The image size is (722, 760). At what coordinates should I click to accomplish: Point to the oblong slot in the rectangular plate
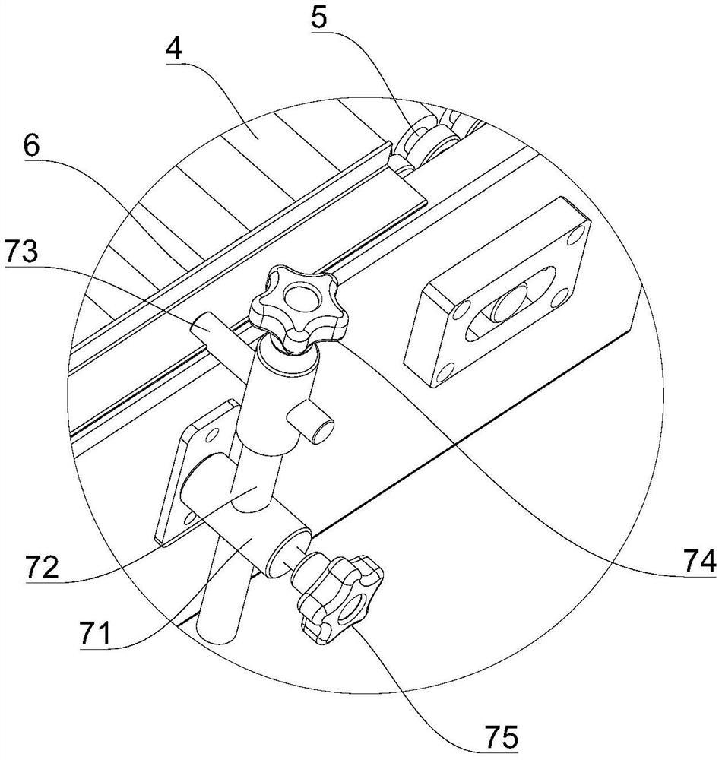509,308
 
